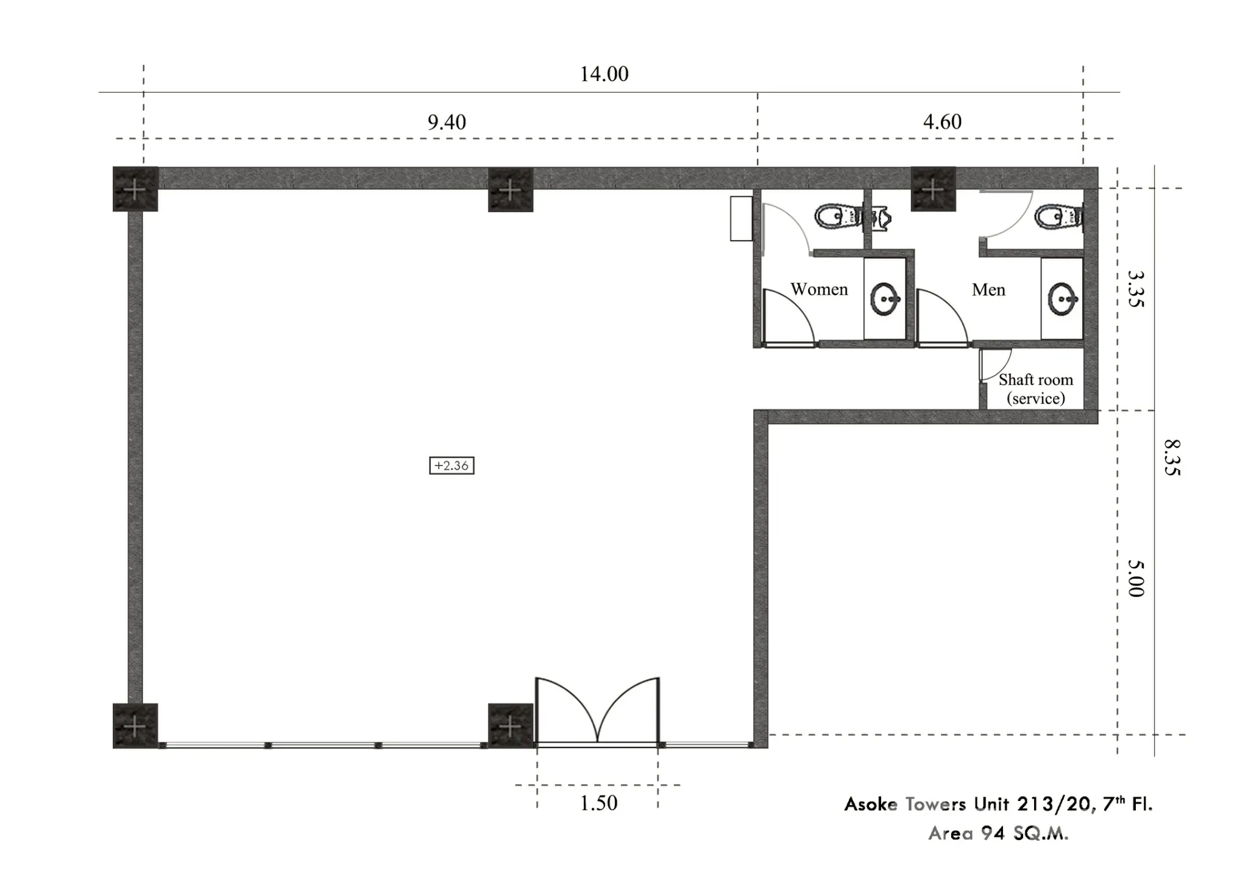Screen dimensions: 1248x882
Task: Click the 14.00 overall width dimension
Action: pos(604,74)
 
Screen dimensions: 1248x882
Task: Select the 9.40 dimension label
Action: pos(447,122)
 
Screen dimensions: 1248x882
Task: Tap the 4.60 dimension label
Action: pos(942,122)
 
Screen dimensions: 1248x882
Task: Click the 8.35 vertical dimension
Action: pos(1172,458)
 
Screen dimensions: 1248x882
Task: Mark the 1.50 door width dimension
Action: pos(598,803)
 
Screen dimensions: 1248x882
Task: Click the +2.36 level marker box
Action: pos(452,466)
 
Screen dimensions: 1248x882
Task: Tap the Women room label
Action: pos(819,289)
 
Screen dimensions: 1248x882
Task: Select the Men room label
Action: pos(988,290)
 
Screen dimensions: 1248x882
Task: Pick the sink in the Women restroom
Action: pos(885,298)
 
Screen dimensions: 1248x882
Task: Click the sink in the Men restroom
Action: pos(1063,298)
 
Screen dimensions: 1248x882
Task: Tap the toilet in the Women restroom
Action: pos(838,216)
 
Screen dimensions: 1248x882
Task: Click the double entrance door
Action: pos(597,711)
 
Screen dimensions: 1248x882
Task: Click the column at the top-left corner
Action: pos(135,189)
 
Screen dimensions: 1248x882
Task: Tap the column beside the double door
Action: pos(511,725)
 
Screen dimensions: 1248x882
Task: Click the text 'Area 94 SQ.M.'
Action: pos(998,833)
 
